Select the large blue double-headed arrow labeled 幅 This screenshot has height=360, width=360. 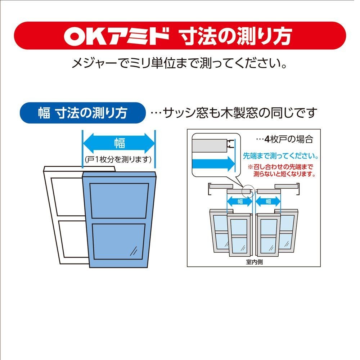point(119,144)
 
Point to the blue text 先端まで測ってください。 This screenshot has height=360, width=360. point(280,157)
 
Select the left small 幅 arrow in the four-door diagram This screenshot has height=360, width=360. point(240,202)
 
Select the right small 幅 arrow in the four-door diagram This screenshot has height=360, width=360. point(268,202)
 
